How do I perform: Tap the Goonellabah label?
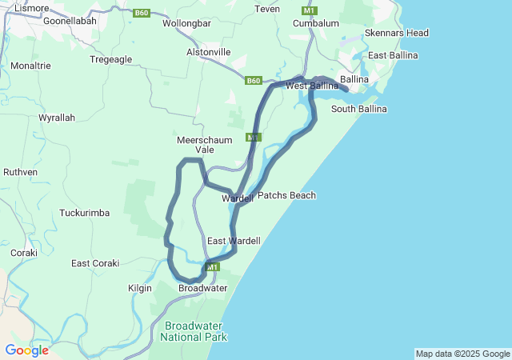(70, 21)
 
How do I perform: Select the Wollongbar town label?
(186, 23)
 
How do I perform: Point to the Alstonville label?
(208, 52)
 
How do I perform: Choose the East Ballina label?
(393, 55)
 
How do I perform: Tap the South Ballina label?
(358, 109)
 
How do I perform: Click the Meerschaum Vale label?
(204, 145)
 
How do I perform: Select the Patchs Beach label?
(286, 195)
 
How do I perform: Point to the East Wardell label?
(234, 241)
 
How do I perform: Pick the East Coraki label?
(95, 263)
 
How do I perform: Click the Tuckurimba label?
(84, 213)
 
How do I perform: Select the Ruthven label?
(20, 172)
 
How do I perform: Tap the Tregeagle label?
(110, 59)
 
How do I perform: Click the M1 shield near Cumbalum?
(309, 10)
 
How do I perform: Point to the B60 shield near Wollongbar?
(142, 13)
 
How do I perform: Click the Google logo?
(26, 350)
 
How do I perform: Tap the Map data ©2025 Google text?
(462, 354)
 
